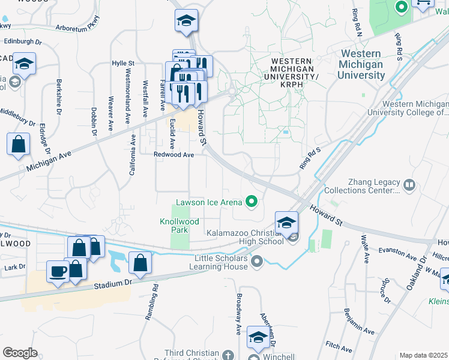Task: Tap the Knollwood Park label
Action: [179, 226]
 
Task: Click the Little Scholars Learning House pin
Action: [258, 261]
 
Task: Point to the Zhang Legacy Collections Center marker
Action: [410, 184]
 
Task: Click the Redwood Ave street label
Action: [174, 155]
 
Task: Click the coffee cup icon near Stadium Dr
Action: [58, 272]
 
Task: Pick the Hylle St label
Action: [124, 63]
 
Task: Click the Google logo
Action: [20, 352]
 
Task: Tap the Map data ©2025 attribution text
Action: [424, 355]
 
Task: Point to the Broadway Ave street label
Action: [238, 322]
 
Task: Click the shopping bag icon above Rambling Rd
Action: [140, 263]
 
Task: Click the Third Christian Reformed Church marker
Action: [228, 355]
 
